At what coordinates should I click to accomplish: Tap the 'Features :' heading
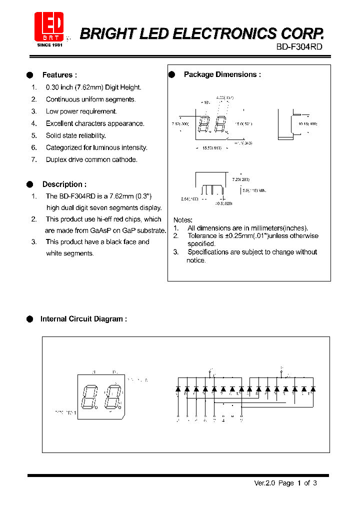click(x=59, y=75)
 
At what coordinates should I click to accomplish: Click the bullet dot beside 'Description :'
click(x=30, y=184)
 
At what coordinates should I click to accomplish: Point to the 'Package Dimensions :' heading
click(x=222, y=74)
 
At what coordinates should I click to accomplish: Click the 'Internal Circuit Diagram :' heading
click(x=83, y=319)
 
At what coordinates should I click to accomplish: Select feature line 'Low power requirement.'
click(x=81, y=111)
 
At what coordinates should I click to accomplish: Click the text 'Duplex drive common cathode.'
click(x=91, y=159)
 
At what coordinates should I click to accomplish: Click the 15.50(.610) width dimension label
click(x=212, y=148)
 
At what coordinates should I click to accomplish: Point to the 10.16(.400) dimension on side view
click(x=308, y=123)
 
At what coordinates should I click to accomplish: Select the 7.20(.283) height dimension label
click(x=240, y=179)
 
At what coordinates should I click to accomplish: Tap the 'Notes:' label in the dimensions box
click(x=183, y=220)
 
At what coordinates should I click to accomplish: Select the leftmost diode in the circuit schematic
click(x=178, y=388)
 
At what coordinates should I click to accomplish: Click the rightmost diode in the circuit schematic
click(x=312, y=388)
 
